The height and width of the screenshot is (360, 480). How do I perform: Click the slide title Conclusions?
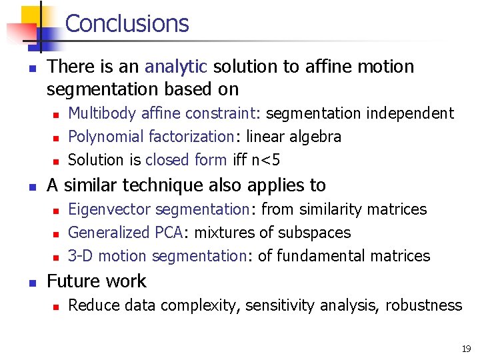pos(127,23)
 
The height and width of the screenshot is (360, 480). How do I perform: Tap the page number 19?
pos(465,348)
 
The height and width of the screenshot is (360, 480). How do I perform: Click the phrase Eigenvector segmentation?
pos(159,209)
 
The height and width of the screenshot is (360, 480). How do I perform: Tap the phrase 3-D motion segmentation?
pos(157,256)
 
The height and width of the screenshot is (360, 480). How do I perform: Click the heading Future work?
pos(96,281)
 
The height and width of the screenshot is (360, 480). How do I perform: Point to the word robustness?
pos(423,305)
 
